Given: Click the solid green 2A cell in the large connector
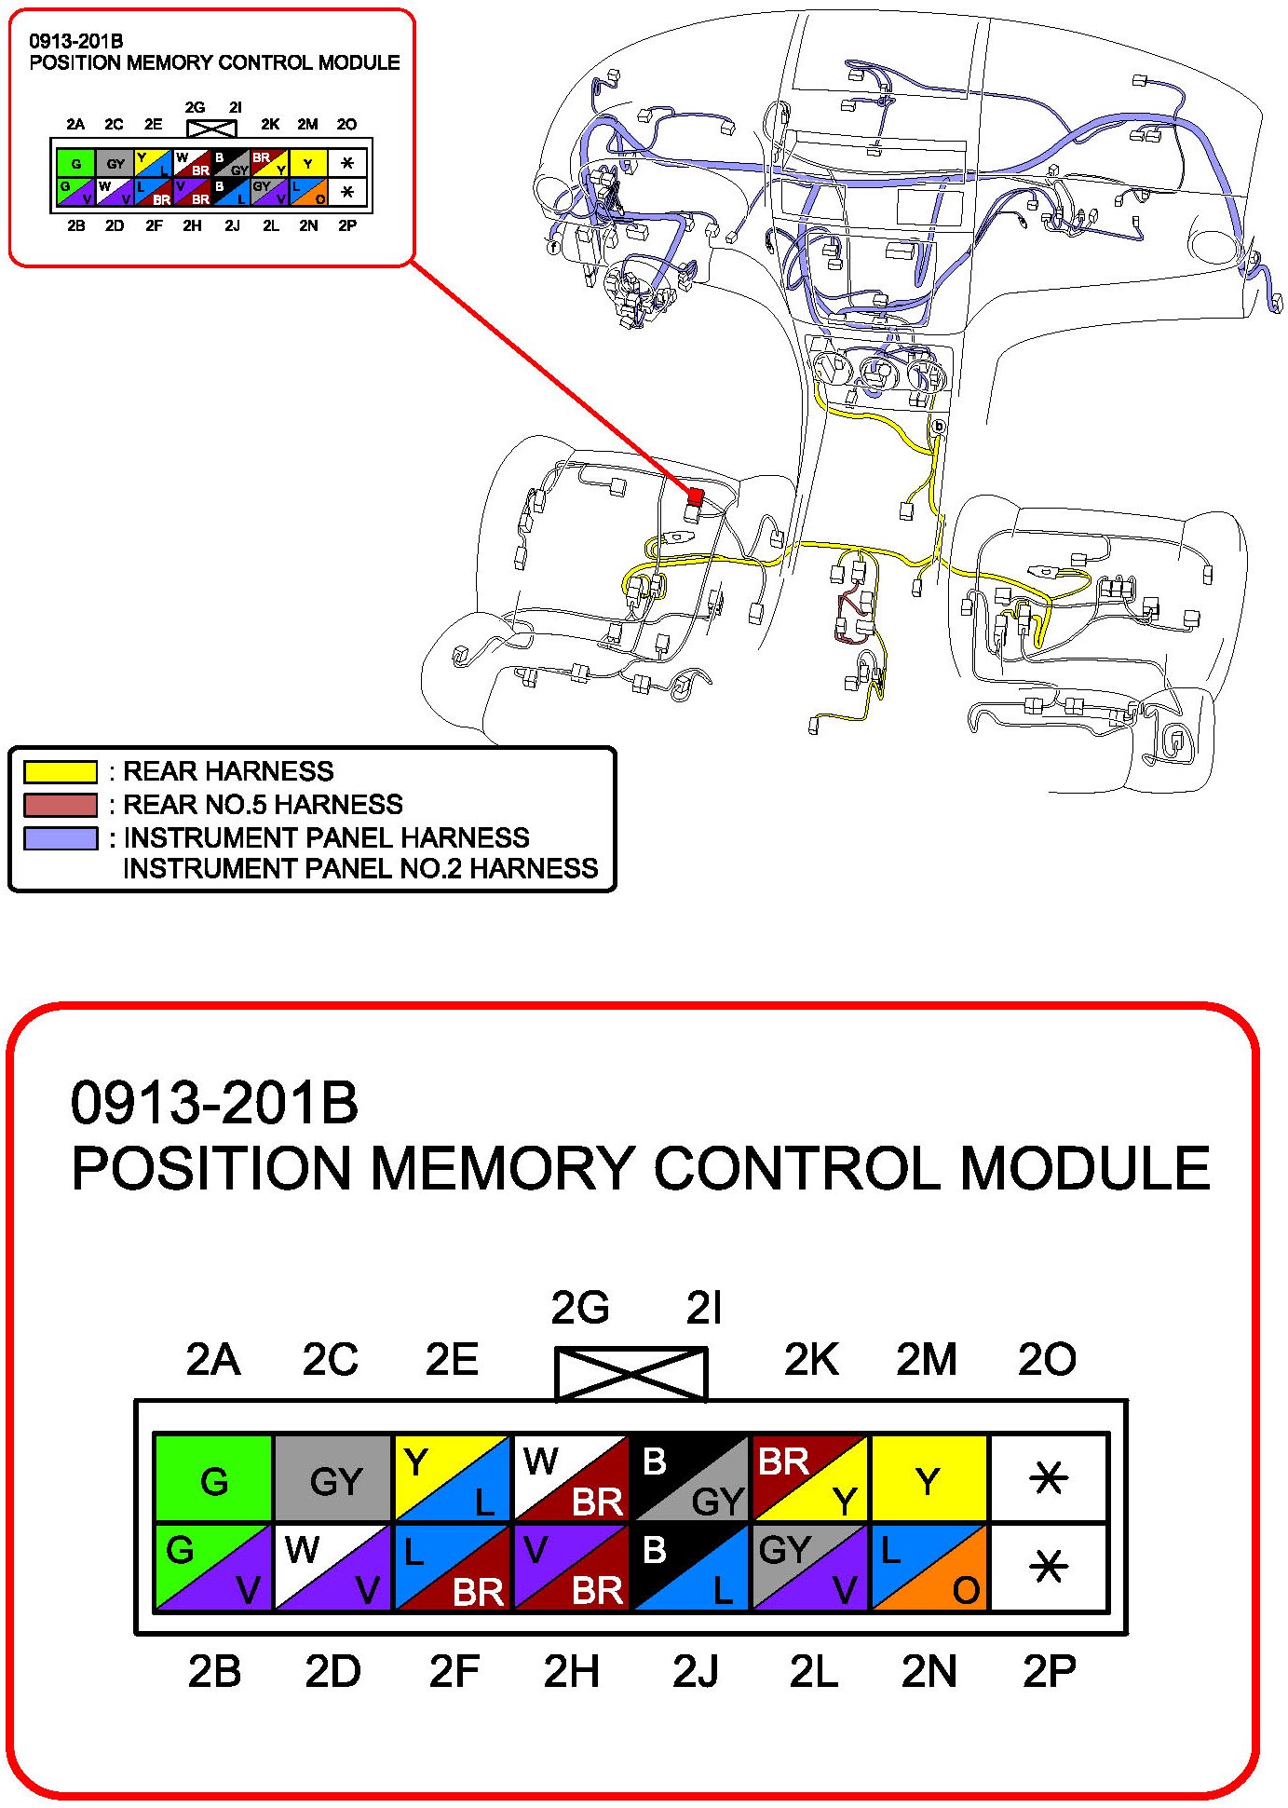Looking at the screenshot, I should tap(213, 1479).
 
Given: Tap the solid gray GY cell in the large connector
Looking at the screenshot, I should tap(333, 1479).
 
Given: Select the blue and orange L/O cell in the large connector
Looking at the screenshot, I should tap(929, 1568).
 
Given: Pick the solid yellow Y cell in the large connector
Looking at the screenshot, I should tap(929, 1479).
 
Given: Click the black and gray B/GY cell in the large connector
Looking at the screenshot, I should tap(691, 1479).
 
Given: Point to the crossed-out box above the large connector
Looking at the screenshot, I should tap(630, 1373).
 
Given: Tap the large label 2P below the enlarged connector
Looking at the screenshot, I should tap(1049, 1671).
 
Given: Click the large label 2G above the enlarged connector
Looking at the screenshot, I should tap(579, 1308).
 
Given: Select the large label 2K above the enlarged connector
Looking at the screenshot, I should tap(810, 1360).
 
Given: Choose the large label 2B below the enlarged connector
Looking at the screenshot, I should tap(214, 1671).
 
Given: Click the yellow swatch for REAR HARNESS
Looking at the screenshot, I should tap(61, 771).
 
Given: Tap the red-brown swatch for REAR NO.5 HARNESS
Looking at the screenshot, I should tap(61, 805).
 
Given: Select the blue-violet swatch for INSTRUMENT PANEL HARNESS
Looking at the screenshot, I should tap(61, 838).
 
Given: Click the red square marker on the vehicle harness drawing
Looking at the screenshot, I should tap(695, 496).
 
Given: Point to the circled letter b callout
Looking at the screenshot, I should tap(939, 427).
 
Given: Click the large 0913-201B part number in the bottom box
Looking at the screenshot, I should tap(214, 1103).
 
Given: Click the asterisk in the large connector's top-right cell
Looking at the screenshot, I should tap(1049, 1478).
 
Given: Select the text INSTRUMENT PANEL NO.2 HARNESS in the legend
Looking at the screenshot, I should tap(360, 868).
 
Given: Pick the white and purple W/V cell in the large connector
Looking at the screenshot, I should tap(333, 1568).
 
